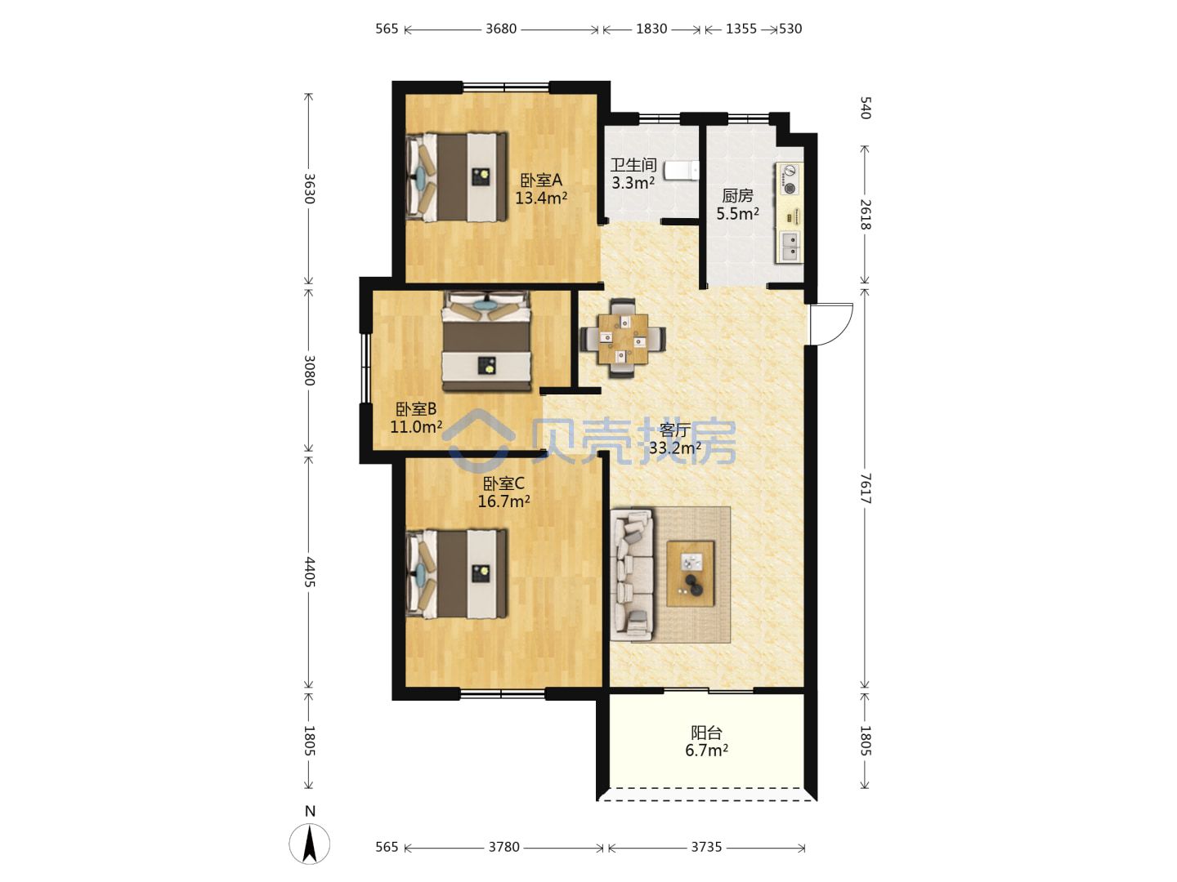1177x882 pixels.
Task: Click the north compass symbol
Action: [x=310, y=843]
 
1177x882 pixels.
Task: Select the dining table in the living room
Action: [x=623, y=338]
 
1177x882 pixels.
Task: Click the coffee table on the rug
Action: [x=690, y=573]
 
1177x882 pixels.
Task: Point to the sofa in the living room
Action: [x=632, y=575]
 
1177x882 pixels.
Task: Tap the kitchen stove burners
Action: [x=789, y=180]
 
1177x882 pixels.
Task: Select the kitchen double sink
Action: [x=790, y=246]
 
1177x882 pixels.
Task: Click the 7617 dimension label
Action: [x=865, y=488]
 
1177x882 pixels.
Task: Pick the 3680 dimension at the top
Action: [x=501, y=29]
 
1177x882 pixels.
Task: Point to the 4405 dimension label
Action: [x=310, y=572]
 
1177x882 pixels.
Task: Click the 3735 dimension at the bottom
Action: [x=706, y=847]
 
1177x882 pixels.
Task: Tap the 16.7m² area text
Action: [x=504, y=501]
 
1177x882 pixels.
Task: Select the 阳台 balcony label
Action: [x=706, y=733]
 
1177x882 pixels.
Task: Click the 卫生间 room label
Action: [x=633, y=165]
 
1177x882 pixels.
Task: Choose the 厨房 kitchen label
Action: [x=737, y=195]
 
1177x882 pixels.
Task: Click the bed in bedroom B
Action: [x=486, y=341]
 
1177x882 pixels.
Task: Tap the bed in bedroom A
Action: [x=456, y=176]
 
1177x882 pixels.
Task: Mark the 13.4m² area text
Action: [x=541, y=198]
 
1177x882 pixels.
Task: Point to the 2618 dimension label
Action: [x=865, y=214]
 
